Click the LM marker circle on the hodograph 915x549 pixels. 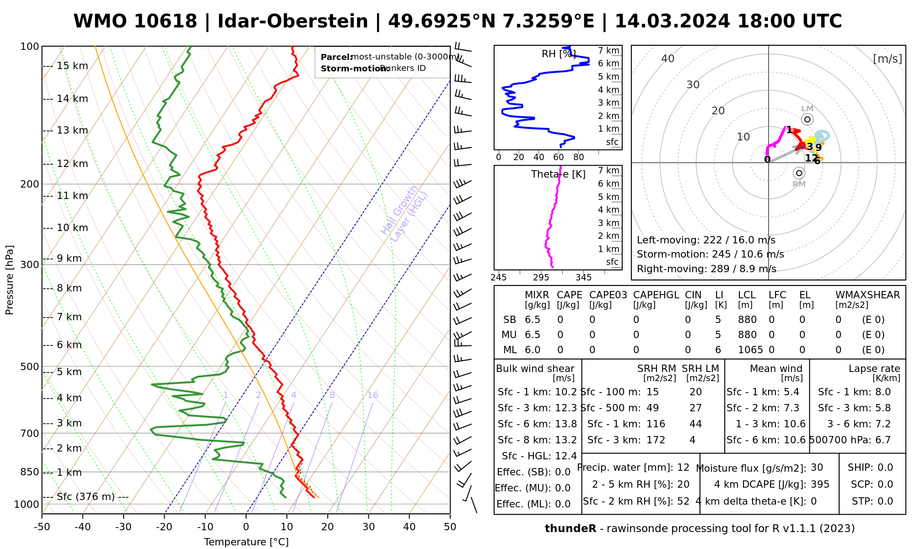tap(807, 119)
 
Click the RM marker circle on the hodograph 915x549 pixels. tap(799, 173)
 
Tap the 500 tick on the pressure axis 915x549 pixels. tap(30, 367)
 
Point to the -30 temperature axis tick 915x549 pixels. tap(124, 527)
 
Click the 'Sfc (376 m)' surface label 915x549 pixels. tap(86, 497)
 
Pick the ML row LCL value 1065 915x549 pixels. tap(750, 350)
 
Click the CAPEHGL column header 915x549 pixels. tap(656, 295)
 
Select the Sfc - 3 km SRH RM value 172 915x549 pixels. tap(656, 440)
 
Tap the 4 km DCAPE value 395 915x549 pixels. tap(820, 484)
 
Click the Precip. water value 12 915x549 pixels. tap(683, 468)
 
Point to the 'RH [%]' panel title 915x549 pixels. tap(559, 54)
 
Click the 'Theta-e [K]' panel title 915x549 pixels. tap(558, 174)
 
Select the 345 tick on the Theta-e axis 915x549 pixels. tap(583, 278)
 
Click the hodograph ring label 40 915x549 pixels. tap(668, 59)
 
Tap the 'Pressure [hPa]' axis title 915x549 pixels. tap(10, 280)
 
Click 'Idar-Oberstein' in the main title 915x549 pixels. tap(293, 22)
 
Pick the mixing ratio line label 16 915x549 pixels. tap(373, 395)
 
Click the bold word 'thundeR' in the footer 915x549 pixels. tap(571, 529)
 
